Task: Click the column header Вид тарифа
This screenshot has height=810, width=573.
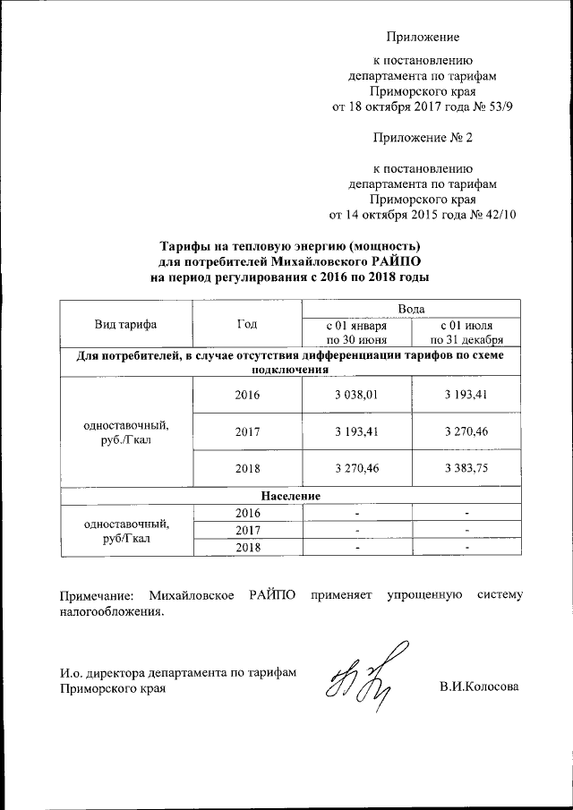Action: click(125, 324)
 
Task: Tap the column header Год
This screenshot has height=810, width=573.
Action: click(247, 324)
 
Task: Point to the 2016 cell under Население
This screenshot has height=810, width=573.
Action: click(247, 513)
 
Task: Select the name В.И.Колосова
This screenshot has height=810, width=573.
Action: click(479, 686)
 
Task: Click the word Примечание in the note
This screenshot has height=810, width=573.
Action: click(95, 595)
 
